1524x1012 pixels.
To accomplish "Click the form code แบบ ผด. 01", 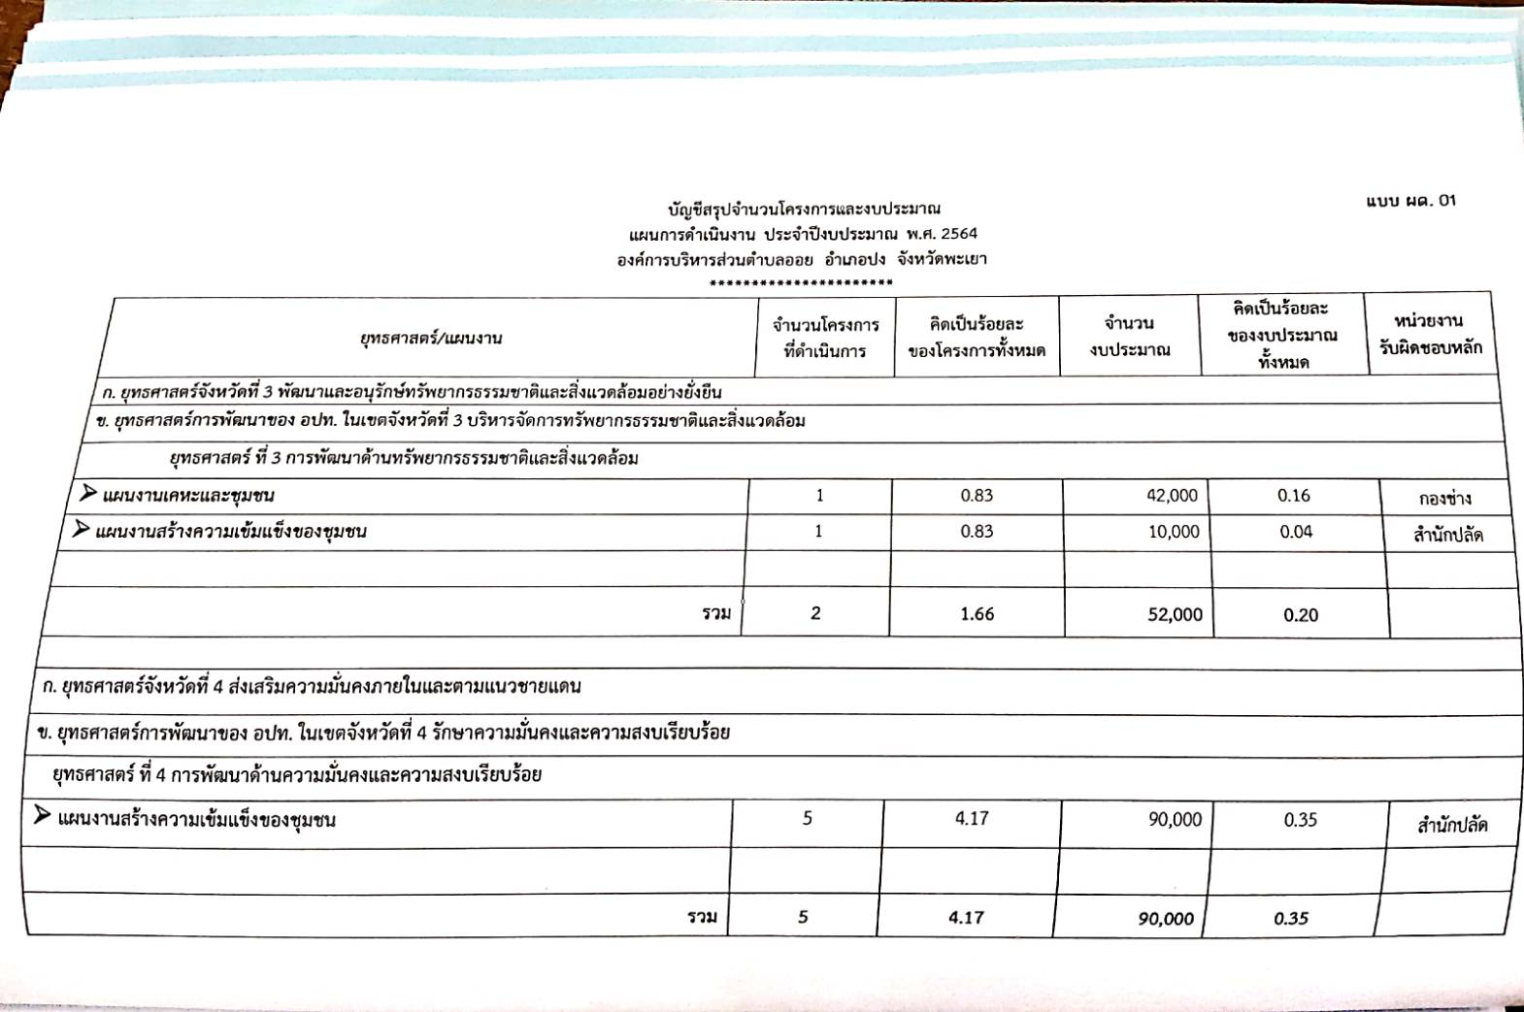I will (x=1410, y=201).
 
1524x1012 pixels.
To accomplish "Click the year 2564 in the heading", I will (x=958, y=234).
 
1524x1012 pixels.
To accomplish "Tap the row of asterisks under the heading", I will (x=801, y=283).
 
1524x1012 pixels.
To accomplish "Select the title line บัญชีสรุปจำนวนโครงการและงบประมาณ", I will (x=803, y=209).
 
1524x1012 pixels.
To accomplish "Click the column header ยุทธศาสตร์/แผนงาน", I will (x=431, y=338).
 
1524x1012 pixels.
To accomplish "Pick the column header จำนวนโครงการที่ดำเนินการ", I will (x=825, y=338).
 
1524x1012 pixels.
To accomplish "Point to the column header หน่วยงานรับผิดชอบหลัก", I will (x=1430, y=334).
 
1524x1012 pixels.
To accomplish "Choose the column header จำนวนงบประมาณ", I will (x=1129, y=336).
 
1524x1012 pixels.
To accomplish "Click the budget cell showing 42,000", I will (x=1172, y=496).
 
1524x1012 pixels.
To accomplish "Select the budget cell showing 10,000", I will (x=1174, y=532).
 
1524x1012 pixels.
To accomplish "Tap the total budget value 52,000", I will (x=1175, y=614).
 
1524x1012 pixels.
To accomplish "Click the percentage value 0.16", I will (x=1294, y=496).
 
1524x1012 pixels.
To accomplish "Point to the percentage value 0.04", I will (x=1296, y=532).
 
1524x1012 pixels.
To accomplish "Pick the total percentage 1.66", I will (x=977, y=614).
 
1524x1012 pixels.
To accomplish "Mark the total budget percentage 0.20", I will (x=1301, y=615).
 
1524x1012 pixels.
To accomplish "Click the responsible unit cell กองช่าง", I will (x=1444, y=499).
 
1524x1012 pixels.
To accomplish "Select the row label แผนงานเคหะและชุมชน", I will (x=188, y=496).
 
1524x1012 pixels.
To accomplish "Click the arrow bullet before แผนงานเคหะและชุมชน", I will (x=88, y=494).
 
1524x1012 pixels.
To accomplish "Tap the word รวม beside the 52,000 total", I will (x=716, y=613).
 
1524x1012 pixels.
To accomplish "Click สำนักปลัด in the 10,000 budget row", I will (x=1447, y=535).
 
